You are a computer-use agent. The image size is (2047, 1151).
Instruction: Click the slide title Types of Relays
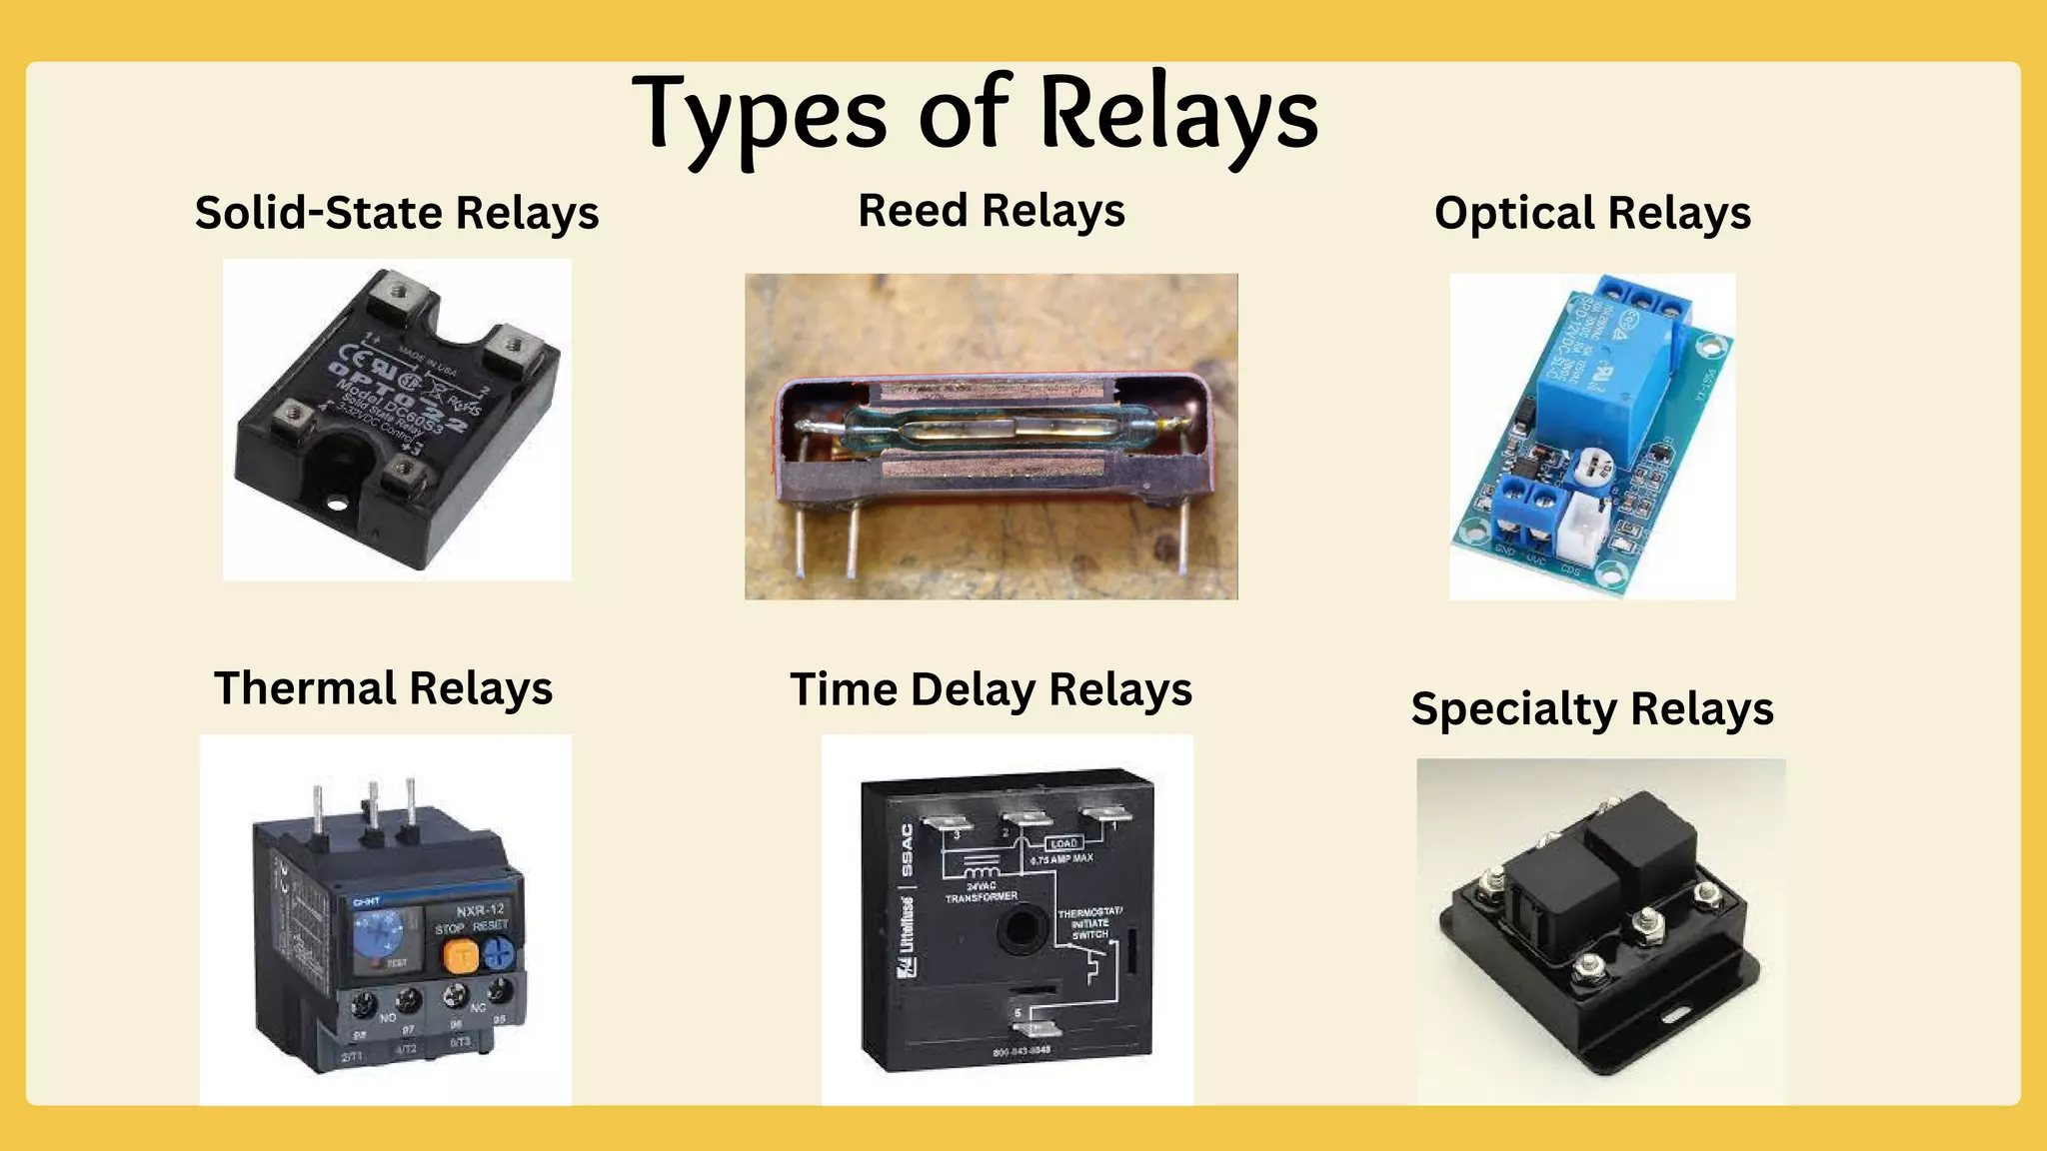pyautogui.click(x=975, y=115)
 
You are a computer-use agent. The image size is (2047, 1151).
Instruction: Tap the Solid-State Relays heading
pyautogui.click(x=397, y=213)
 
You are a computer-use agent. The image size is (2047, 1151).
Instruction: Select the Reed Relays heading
pyautogui.click(x=992, y=211)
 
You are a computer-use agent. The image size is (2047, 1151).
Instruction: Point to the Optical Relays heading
pyautogui.click(x=1592, y=213)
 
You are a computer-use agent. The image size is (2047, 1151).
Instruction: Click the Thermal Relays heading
pyautogui.click(x=384, y=688)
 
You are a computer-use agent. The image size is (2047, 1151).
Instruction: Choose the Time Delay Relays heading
pyautogui.click(x=992, y=689)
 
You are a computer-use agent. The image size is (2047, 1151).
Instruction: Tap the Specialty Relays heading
pyautogui.click(x=1592, y=709)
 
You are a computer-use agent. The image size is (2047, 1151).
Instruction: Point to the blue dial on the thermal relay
pyautogui.click(x=381, y=933)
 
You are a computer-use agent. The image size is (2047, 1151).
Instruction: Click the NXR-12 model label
pyautogui.click(x=481, y=910)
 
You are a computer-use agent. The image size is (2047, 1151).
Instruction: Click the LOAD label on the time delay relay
pyautogui.click(x=1063, y=843)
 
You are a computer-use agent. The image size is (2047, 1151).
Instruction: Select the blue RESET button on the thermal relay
pyautogui.click(x=497, y=953)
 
